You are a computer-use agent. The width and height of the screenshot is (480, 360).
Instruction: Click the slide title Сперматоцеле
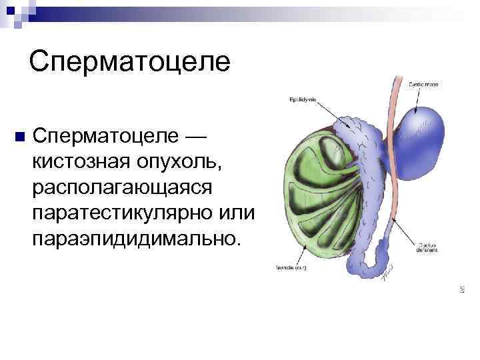pyautogui.click(x=129, y=61)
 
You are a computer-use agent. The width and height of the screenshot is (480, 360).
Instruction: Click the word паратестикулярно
pyautogui.click(x=119, y=213)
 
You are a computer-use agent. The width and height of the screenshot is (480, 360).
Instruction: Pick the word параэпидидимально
pyautogui.click(x=133, y=238)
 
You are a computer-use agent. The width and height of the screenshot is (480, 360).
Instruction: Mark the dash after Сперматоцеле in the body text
pyautogui.click(x=194, y=136)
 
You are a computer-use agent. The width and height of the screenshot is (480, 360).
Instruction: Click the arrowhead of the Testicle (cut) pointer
pyautogui.click(x=306, y=246)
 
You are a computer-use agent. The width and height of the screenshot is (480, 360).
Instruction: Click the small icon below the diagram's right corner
pyautogui.click(x=461, y=289)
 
